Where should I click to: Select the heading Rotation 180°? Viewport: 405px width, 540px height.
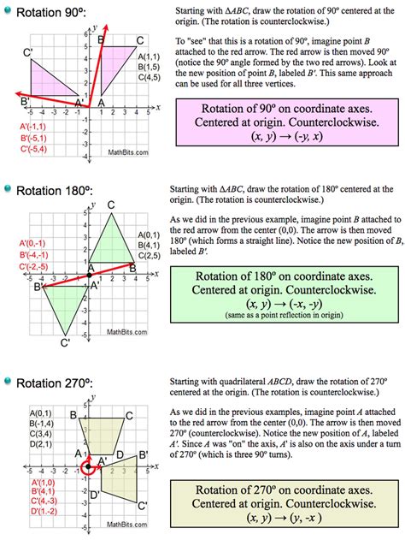(x=66, y=190)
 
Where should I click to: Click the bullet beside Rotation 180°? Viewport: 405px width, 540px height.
(x=9, y=190)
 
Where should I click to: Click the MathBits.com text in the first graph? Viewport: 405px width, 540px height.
(x=127, y=153)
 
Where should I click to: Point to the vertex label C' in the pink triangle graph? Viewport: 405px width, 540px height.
(x=28, y=53)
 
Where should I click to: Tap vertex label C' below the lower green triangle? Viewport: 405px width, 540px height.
(x=64, y=344)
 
